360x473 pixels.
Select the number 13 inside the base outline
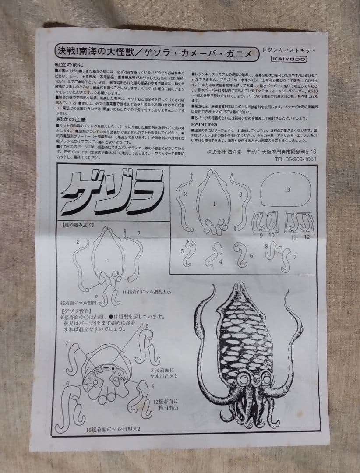287,190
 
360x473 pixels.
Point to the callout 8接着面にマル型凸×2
165,373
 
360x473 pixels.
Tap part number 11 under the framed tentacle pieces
293,236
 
